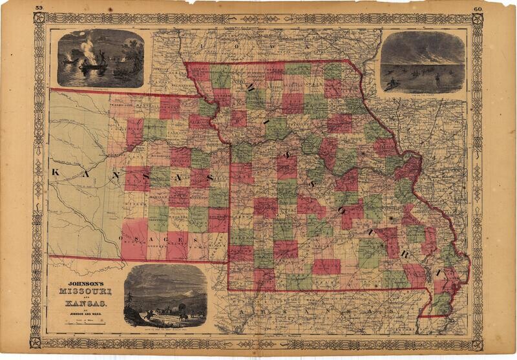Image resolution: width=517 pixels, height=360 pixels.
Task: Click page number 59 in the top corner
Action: pyautogui.click(x=39, y=8)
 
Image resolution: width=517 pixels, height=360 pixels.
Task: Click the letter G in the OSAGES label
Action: pyautogui.click(x=169, y=238)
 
